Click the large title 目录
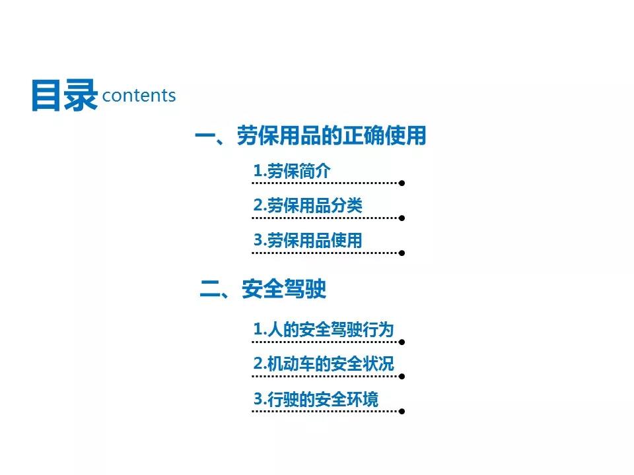coord(65,95)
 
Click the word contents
coord(139,96)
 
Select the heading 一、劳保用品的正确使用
coord(310,135)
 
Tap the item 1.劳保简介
coord(291,171)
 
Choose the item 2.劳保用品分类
coord(308,205)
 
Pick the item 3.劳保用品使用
coord(308,240)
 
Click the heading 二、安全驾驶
coord(263,289)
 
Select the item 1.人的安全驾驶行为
coord(324,329)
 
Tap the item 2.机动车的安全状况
coord(324,364)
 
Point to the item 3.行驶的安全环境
coord(316,399)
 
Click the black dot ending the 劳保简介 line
coord(402,183)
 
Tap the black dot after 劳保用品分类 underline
coord(402,218)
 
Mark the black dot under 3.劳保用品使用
coord(402,253)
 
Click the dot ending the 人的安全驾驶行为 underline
coord(402,342)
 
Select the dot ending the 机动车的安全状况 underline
coord(402,377)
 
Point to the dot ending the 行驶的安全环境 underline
coord(402,411)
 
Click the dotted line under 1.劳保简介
coord(325,183)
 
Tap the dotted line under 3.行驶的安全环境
coord(325,411)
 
